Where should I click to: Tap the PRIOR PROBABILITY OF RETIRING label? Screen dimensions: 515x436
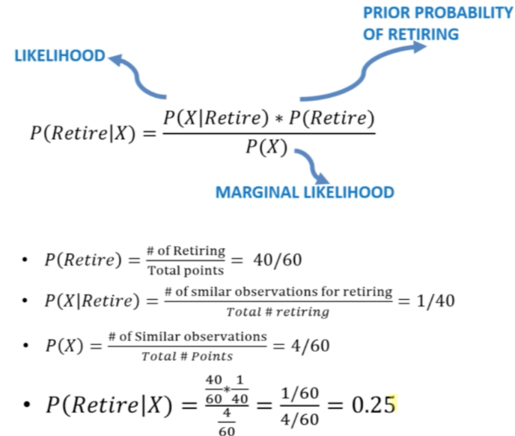(x=437, y=23)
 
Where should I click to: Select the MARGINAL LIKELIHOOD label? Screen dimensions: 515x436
(x=305, y=192)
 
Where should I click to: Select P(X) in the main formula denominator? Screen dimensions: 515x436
(x=267, y=148)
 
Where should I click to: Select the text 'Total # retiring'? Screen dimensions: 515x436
(x=278, y=312)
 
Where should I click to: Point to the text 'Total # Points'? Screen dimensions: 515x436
(x=187, y=356)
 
